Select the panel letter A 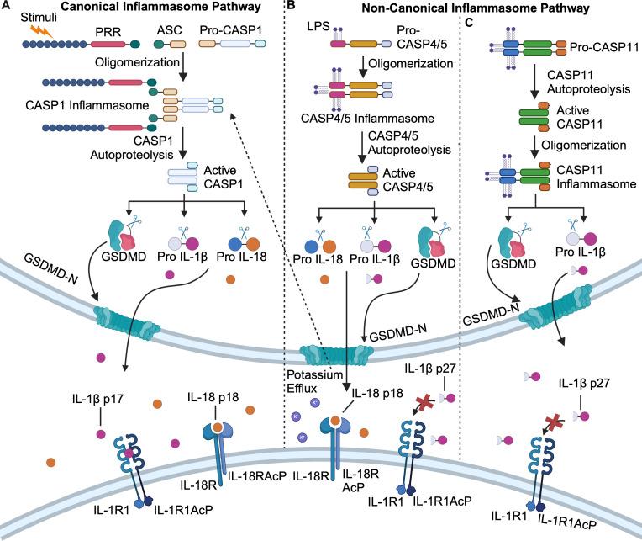6,8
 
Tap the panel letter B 291,8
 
